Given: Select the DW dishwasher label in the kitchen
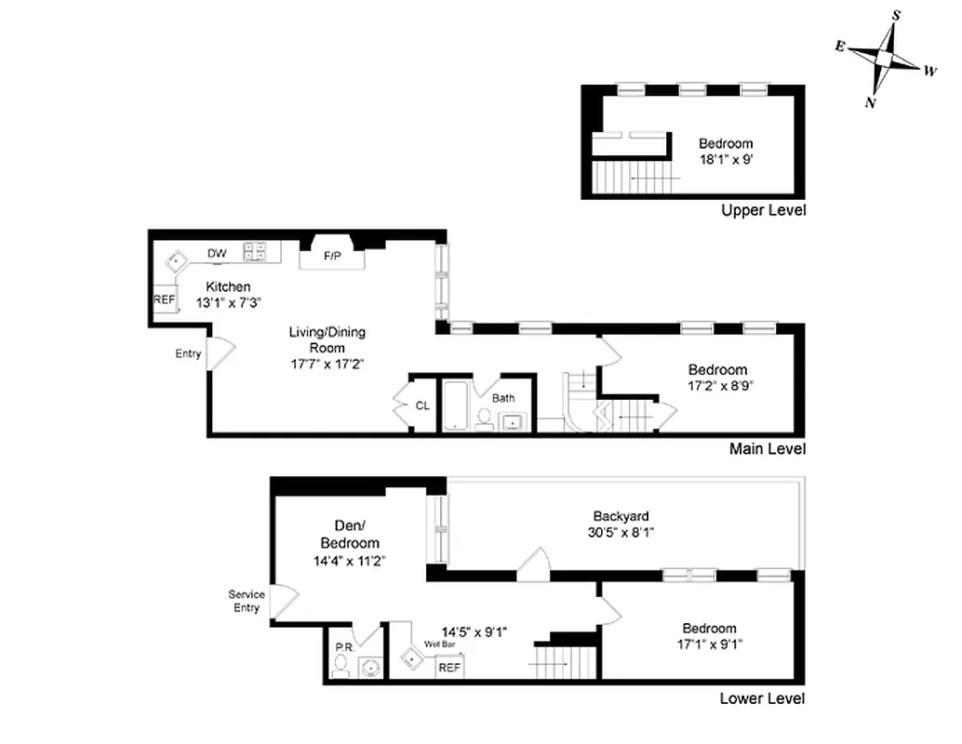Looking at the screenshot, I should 217,253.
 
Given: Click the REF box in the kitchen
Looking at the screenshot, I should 164,300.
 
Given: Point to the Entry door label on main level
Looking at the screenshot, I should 188,353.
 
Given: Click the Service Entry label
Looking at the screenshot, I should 247,602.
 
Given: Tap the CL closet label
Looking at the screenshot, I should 422,405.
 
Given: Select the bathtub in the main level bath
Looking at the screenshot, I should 455,405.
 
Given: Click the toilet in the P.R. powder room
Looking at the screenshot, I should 341,664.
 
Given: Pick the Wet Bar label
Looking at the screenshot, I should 439,644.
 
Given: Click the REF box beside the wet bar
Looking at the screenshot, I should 449,667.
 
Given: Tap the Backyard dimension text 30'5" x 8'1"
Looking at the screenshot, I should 621,534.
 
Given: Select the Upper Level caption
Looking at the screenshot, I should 763,210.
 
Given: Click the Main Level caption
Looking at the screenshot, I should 768,449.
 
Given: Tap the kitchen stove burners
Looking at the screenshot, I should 255,251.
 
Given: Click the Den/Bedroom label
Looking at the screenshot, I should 349,535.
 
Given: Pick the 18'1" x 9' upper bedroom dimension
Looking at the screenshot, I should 726,159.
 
